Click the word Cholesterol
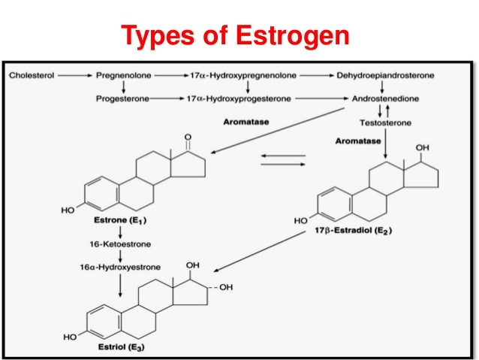[x=31, y=76]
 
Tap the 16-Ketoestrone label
[x=104, y=245]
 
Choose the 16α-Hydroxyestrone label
[x=104, y=266]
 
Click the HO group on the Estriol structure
[x=70, y=337]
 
